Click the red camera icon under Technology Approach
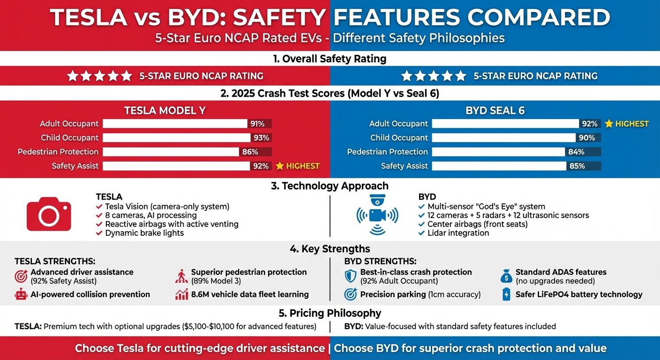point(49,215)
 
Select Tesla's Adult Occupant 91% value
point(257,124)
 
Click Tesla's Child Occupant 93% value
point(261,138)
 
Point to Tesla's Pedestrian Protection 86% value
point(250,152)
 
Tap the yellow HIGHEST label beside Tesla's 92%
point(298,166)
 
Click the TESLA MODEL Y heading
point(165,111)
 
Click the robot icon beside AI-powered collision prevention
point(21,294)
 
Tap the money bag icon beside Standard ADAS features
point(506,276)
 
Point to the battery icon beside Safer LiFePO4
point(506,294)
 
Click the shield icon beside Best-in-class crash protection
point(350,276)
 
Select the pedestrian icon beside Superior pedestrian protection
point(181,276)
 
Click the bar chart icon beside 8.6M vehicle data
point(181,294)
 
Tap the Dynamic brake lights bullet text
point(144,233)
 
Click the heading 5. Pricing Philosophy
point(330,313)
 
